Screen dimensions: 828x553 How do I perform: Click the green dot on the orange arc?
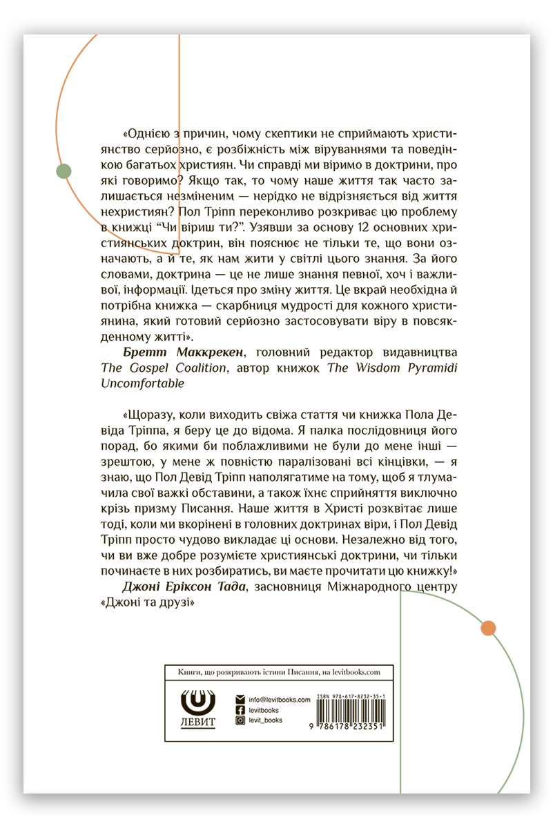tap(64, 172)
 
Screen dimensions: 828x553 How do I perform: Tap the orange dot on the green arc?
tap(488, 628)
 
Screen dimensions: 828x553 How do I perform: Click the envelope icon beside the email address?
tap(240, 699)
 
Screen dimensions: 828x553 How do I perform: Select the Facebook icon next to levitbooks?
tap(240, 709)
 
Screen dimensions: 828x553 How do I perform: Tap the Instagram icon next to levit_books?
tap(240, 720)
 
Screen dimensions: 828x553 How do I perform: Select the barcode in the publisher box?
tap(350, 714)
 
